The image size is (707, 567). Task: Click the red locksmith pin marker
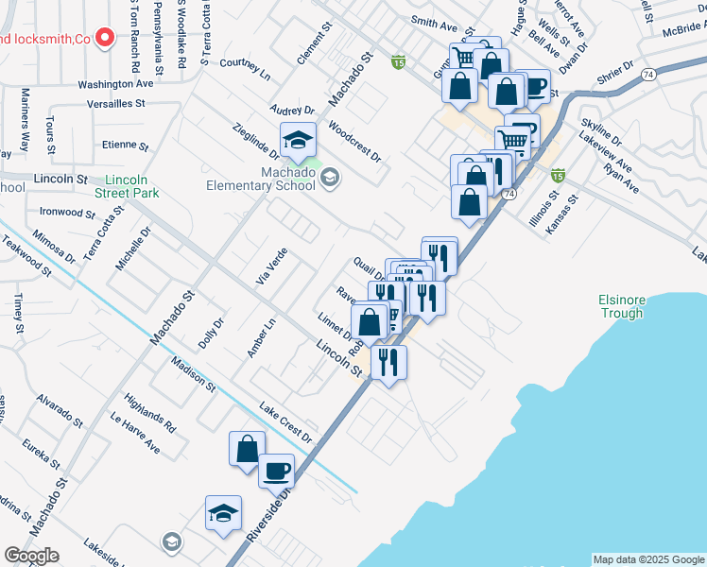click(x=105, y=39)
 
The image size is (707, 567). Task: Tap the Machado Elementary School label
click(x=261, y=180)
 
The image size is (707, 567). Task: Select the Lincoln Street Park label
click(x=130, y=186)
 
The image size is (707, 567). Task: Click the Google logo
click(x=31, y=556)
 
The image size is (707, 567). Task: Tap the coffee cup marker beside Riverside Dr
click(x=276, y=470)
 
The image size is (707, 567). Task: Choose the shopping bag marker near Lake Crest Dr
click(x=247, y=448)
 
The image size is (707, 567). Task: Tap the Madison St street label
click(x=193, y=374)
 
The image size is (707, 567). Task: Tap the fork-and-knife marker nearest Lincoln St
click(x=388, y=361)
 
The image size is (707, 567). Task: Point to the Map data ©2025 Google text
click(x=647, y=559)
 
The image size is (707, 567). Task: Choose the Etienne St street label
click(x=126, y=146)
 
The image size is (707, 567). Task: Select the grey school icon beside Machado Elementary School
click(x=330, y=178)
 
